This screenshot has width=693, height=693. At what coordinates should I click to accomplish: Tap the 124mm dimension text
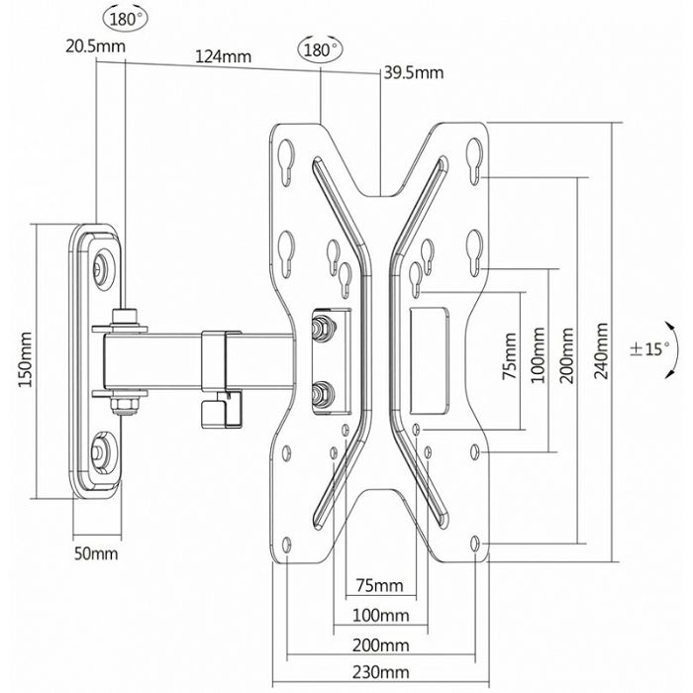click(222, 56)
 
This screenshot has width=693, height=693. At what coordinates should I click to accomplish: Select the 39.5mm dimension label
click(414, 72)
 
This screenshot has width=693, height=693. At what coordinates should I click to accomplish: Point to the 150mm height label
click(27, 360)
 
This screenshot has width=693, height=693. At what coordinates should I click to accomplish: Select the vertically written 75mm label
click(508, 359)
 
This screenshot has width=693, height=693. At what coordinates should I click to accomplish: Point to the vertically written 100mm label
click(539, 359)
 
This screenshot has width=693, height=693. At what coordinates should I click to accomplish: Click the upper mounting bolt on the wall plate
click(103, 266)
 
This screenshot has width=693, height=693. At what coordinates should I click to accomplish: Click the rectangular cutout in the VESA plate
click(429, 358)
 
